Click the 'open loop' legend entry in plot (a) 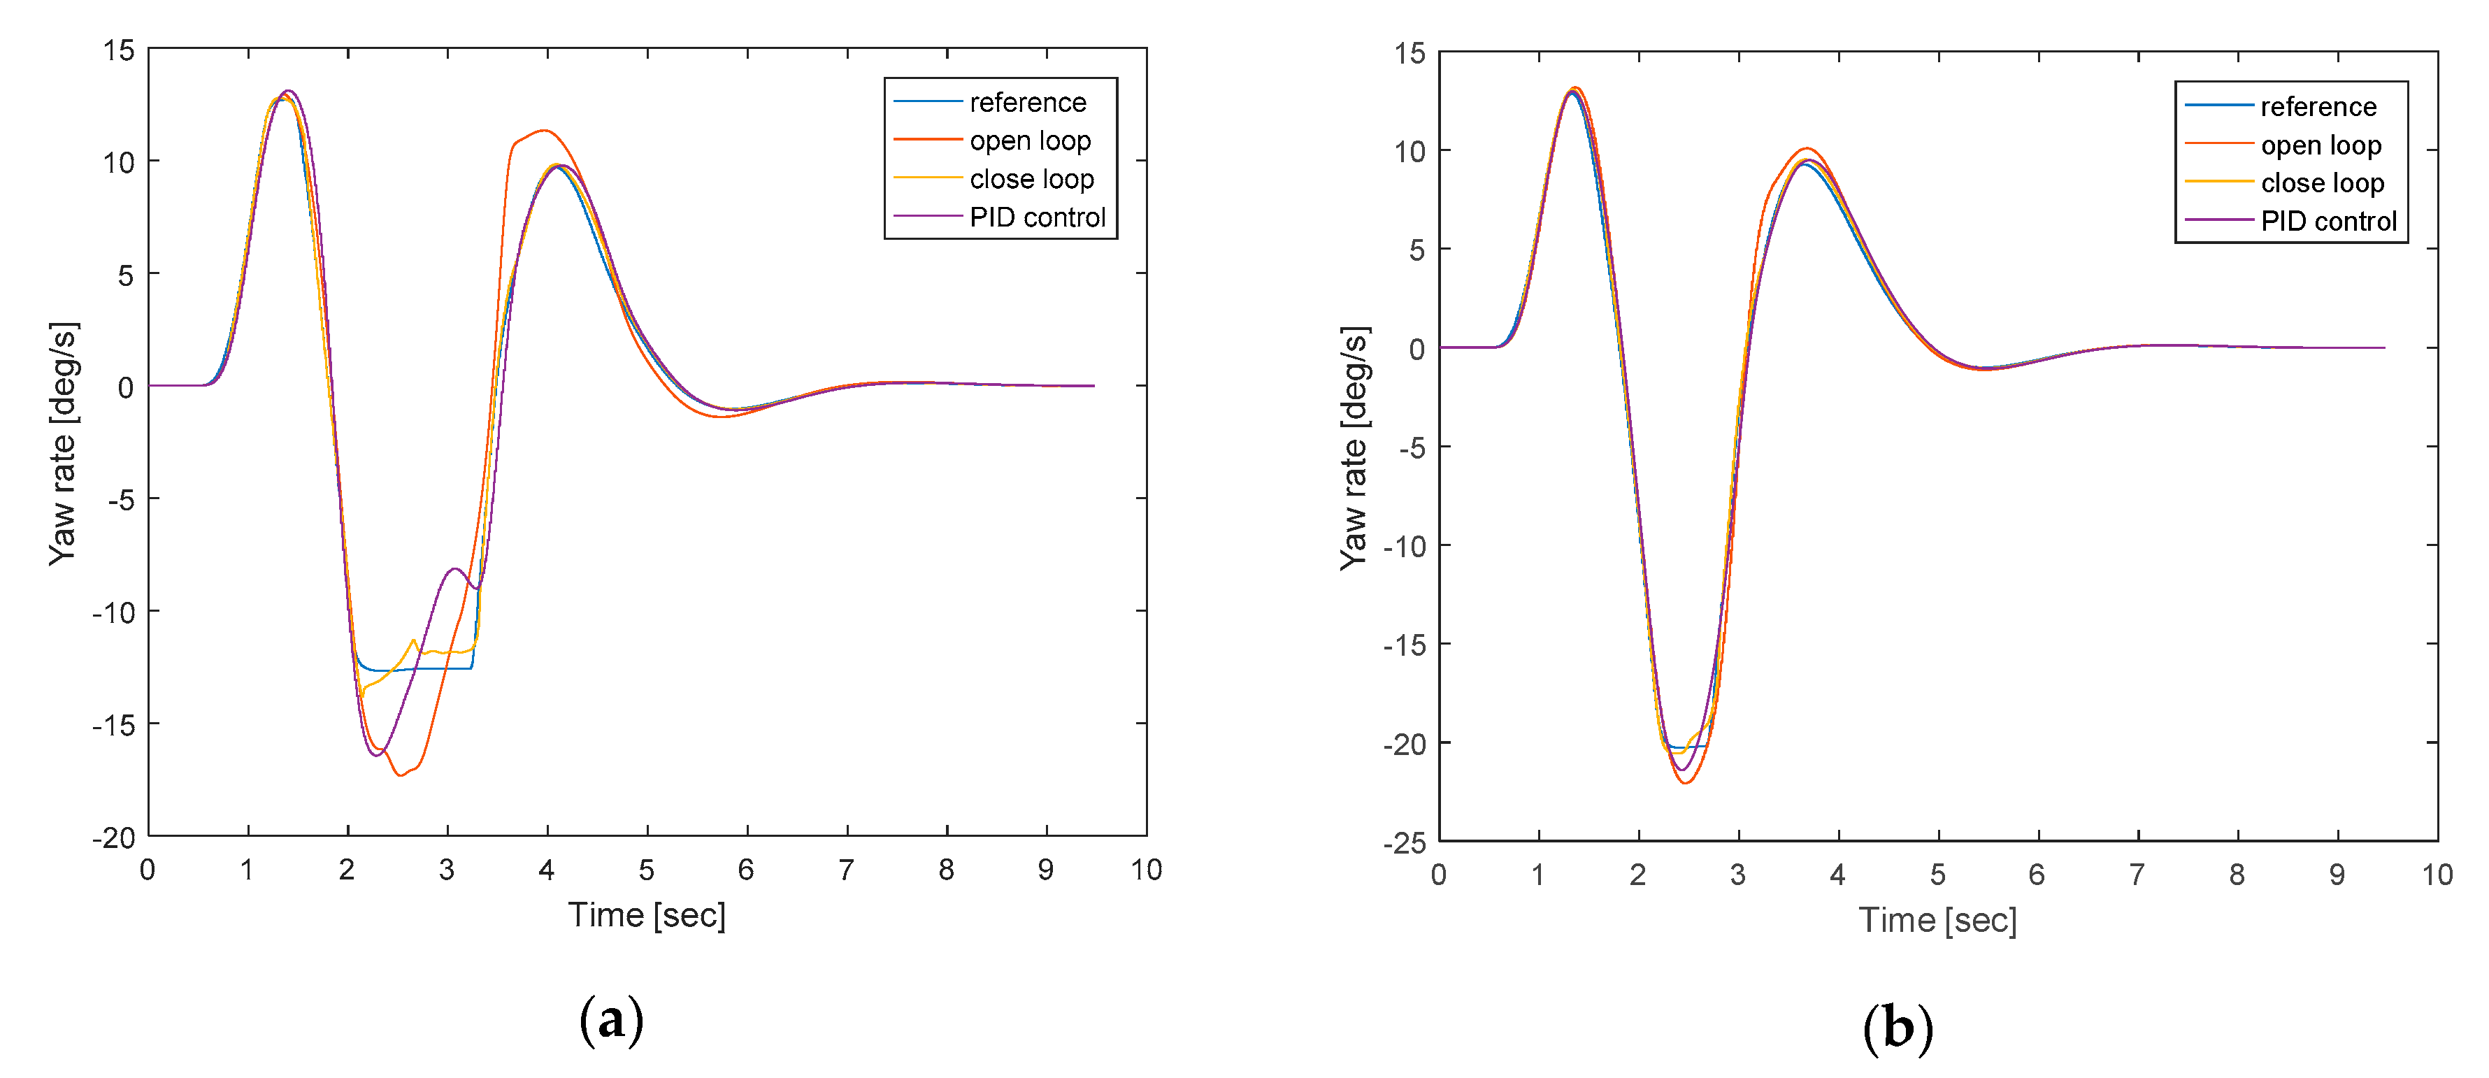click(1030, 141)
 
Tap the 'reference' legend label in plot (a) click(1028, 102)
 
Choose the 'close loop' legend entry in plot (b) click(2322, 182)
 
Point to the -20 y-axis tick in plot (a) click(114, 838)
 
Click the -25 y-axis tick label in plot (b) click(1404, 842)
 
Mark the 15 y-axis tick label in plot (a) click(120, 50)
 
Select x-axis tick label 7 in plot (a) click(847, 870)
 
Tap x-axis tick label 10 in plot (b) click(2437, 874)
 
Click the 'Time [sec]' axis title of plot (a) click(647, 914)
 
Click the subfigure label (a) click(610, 1020)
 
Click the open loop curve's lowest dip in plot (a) click(400, 775)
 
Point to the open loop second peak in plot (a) click(544, 131)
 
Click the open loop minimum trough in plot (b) click(1685, 782)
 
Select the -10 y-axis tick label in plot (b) click(1404, 547)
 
